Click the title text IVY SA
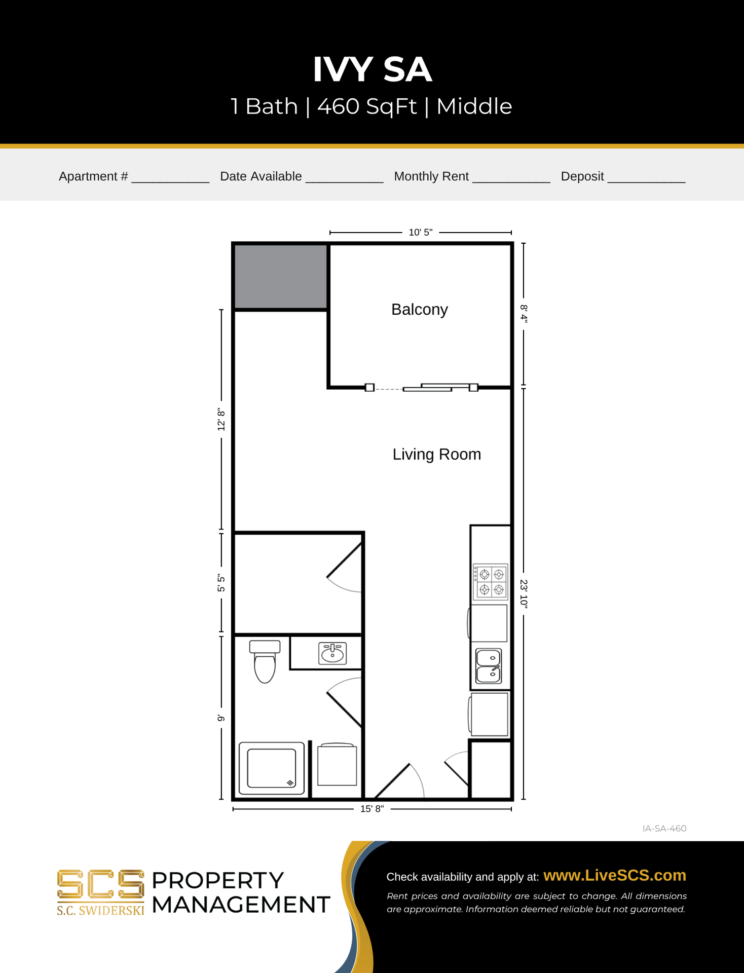coord(372,69)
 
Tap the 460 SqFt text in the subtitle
coord(367,106)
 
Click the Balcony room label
coord(419,309)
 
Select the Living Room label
coord(436,454)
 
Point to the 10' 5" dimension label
coord(420,232)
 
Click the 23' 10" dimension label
coord(524,593)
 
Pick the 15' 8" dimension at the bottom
coord(372,809)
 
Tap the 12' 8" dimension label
coord(221,420)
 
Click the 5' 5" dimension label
coord(221,583)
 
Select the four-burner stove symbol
coord(491,582)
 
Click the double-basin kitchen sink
coord(489,666)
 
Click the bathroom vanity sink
coord(332,653)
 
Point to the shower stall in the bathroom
coord(272,768)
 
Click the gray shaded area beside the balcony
coord(280,277)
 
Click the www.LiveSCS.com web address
coord(614,875)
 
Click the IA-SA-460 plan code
coord(664,829)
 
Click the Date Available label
coord(261,176)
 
